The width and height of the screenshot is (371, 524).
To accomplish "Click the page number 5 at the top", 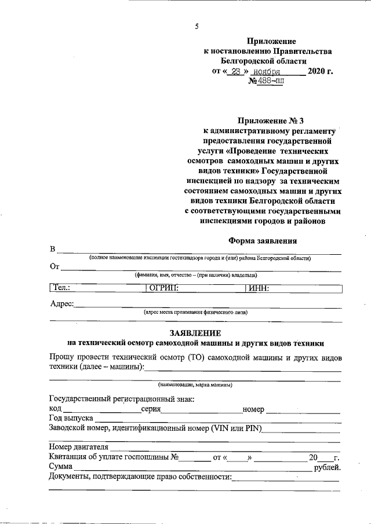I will [x=197, y=26].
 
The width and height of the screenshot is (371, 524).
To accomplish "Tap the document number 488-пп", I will [x=270, y=82].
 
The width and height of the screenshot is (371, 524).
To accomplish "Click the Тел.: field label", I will [x=61, y=287].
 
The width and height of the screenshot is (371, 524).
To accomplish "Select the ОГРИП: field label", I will [x=163, y=287].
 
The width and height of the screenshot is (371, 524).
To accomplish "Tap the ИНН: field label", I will [x=259, y=287].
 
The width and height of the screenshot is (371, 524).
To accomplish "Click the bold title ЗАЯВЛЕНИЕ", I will [x=195, y=333].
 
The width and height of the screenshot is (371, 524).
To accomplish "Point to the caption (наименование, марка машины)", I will [x=195, y=384].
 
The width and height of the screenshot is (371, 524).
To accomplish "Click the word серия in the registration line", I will [x=150, y=409].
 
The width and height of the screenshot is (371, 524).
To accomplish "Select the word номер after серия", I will [x=253, y=409].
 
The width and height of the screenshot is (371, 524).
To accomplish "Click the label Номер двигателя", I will [x=79, y=447].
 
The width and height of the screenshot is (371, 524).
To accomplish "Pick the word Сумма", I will [x=60, y=467].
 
